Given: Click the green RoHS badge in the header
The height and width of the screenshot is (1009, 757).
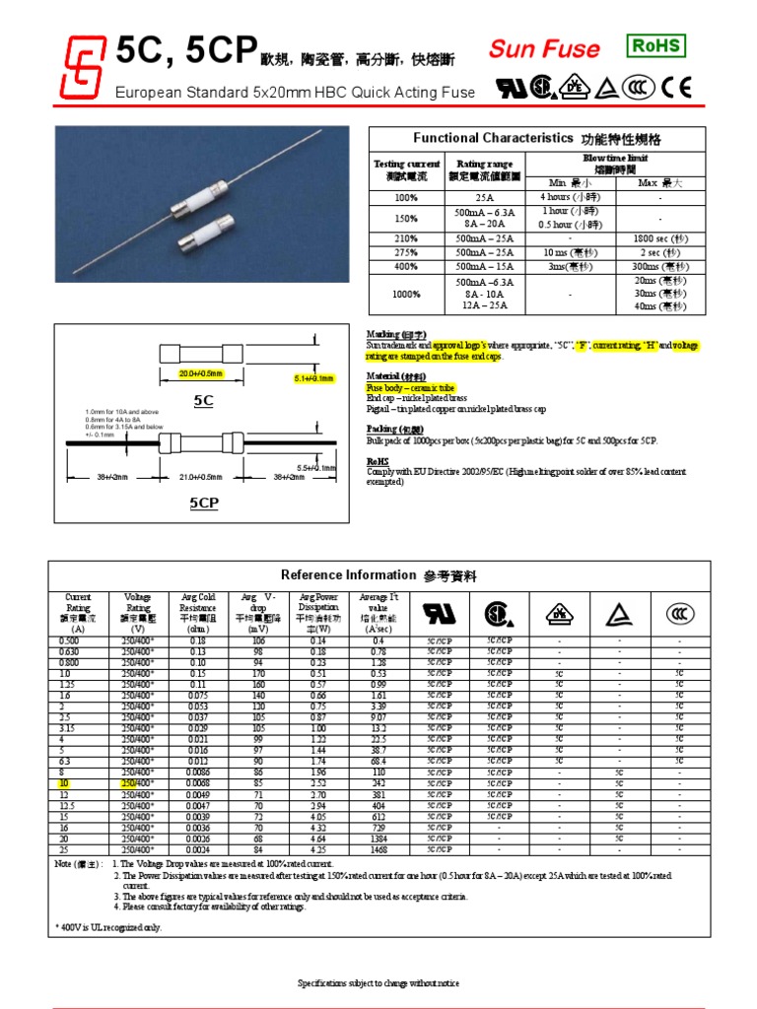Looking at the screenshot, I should pyautogui.click(x=655, y=45).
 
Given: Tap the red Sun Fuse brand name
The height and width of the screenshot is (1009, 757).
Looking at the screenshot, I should pyautogui.click(x=544, y=49).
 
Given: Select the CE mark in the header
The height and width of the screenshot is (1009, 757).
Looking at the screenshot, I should pyautogui.click(x=677, y=88).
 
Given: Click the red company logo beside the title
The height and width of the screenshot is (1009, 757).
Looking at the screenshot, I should pyautogui.click(x=84, y=68).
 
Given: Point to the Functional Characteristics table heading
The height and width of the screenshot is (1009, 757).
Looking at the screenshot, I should pyautogui.click(x=537, y=139).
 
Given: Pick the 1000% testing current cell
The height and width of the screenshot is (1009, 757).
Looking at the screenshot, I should pyautogui.click(x=406, y=294).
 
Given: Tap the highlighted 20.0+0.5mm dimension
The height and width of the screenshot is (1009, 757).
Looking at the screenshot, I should pyautogui.click(x=201, y=374).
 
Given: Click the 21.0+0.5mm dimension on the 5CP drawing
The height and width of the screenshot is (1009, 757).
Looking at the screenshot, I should pyautogui.click(x=201, y=477).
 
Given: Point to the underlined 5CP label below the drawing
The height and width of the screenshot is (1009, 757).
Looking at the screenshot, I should pyautogui.click(x=203, y=503).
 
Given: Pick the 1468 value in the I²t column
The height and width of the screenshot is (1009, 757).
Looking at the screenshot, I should pyautogui.click(x=378, y=848).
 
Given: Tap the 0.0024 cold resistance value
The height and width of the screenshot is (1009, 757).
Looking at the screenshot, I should pyautogui.click(x=198, y=848).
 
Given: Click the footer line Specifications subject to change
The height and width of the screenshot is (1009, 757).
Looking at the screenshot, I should pyautogui.click(x=378, y=983).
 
